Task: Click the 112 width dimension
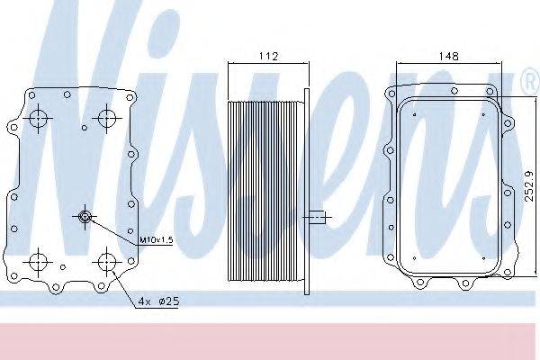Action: (268, 56)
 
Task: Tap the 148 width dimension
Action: (449, 56)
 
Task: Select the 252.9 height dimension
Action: (528, 186)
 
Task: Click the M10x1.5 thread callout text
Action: (156, 239)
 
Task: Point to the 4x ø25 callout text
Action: (158, 301)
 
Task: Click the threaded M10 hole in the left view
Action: (85, 217)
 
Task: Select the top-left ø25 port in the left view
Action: (38, 118)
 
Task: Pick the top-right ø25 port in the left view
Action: (107, 118)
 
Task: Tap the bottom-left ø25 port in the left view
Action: (38, 262)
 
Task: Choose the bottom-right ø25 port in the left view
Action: (107, 262)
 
